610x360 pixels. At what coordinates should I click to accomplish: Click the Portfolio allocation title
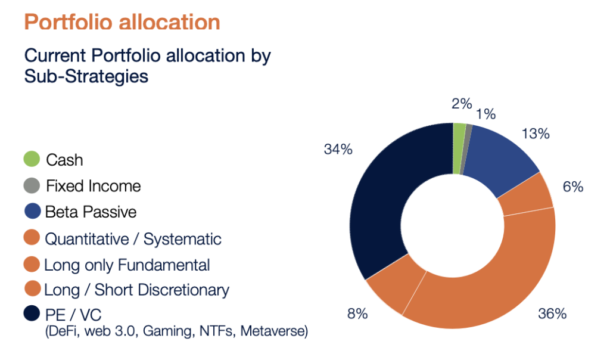(122, 23)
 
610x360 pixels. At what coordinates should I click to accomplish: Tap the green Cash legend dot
(32, 159)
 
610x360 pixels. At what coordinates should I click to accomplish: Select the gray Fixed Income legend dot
(32, 185)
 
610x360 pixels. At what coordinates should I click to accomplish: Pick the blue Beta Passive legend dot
(32, 212)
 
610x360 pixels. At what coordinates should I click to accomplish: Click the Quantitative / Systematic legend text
(133, 239)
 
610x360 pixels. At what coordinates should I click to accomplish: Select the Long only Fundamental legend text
(127, 265)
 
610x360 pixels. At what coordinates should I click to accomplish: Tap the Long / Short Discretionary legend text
(136, 290)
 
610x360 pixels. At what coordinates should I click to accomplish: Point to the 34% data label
(338, 149)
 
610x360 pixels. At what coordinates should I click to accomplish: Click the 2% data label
(462, 103)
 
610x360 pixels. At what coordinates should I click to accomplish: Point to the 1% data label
(485, 114)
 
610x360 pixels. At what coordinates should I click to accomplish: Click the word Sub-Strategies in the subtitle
(86, 77)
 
